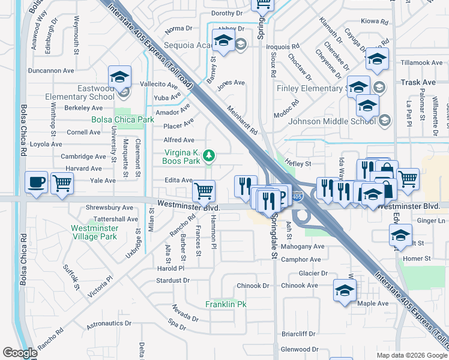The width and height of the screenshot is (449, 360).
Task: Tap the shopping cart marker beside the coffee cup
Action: tap(62, 182)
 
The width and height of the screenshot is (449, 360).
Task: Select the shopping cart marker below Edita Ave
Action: tap(204, 191)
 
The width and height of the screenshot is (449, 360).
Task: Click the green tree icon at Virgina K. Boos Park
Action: tap(208, 156)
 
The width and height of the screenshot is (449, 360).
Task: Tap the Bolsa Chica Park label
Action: tap(123, 119)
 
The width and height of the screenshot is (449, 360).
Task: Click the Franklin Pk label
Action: tap(226, 304)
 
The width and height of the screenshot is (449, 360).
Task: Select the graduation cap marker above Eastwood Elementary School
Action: tap(119, 77)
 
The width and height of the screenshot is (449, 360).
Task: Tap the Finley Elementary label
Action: tap(310, 89)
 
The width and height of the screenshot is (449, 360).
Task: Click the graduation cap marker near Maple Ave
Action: tap(345, 292)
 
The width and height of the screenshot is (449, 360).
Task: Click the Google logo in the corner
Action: tap(20, 353)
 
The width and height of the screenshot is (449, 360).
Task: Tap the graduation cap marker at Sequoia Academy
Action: tap(223, 41)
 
